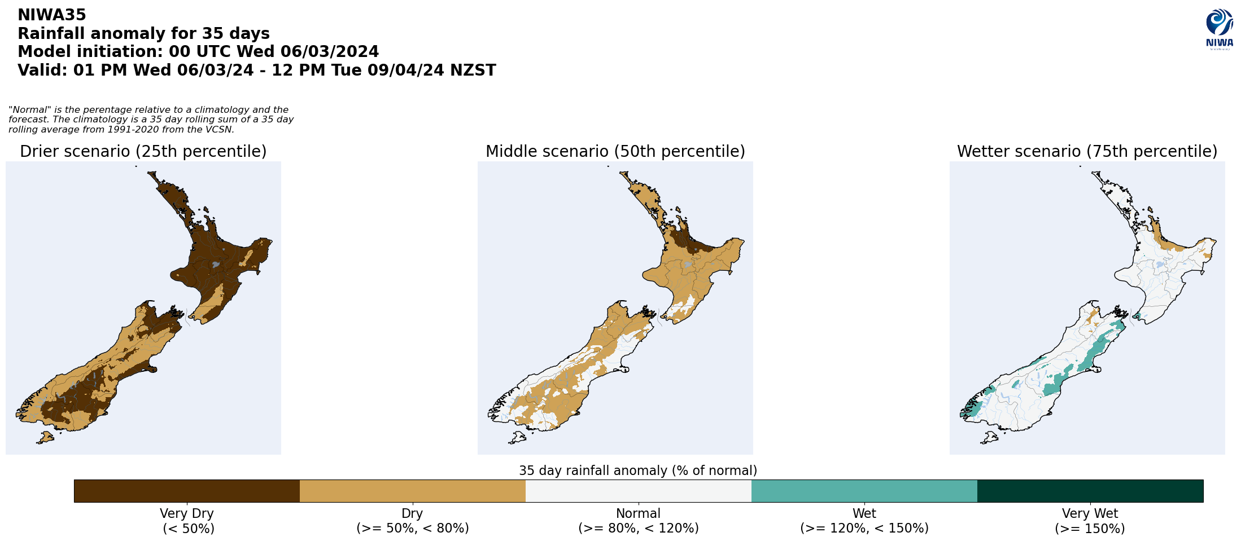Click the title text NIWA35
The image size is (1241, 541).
tap(52, 15)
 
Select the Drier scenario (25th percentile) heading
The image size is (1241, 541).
tap(143, 152)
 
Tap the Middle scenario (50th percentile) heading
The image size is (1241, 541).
tap(615, 152)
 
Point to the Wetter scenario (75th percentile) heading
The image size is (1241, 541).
tap(1087, 152)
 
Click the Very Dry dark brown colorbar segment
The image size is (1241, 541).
tap(186, 491)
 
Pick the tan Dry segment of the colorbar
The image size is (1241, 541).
tap(412, 491)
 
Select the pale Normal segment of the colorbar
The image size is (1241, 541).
tap(638, 491)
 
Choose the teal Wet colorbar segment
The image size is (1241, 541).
tap(864, 491)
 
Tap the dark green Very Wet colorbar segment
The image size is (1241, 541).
tap(1090, 491)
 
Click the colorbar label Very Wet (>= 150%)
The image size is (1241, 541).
tap(1090, 521)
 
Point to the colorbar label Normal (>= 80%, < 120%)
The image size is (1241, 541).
tap(638, 521)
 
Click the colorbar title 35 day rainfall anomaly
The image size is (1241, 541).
tap(638, 470)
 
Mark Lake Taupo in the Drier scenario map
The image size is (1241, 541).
tap(216, 264)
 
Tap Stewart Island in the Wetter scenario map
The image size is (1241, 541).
tap(989, 437)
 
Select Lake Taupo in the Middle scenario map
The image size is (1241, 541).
tap(688, 264)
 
